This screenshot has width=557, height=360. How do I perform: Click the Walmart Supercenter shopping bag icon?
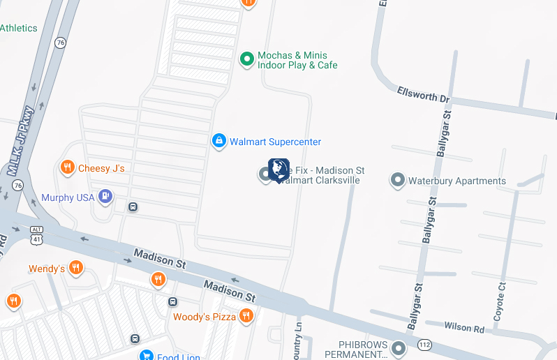(x=218, y=142)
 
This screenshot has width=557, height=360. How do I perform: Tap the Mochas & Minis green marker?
(x=246, y=60)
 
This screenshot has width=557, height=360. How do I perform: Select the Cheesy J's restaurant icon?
(x=67, y=167)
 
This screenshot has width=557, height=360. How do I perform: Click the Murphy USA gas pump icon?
(x=105, y=197)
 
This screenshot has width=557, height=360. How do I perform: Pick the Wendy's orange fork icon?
(x=76, y=268)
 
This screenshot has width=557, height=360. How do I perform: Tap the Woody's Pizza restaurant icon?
(x=245, y=317)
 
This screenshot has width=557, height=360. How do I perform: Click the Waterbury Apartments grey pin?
(x=397, y=181)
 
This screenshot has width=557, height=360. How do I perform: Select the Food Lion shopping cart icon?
(x=146, y=356)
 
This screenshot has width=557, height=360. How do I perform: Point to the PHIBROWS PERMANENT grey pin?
(x=399, y=347)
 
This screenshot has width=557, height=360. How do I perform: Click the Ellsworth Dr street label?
(x=423, y=93)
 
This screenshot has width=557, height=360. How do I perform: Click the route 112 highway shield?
(x=424, y=345)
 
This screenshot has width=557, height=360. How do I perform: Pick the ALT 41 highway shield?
(x=36, y=234)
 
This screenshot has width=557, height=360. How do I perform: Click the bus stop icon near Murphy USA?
(x=133, y=207)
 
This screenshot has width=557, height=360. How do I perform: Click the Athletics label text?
(x=19, y=28)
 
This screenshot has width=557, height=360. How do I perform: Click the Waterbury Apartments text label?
(x=456, y=181)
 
